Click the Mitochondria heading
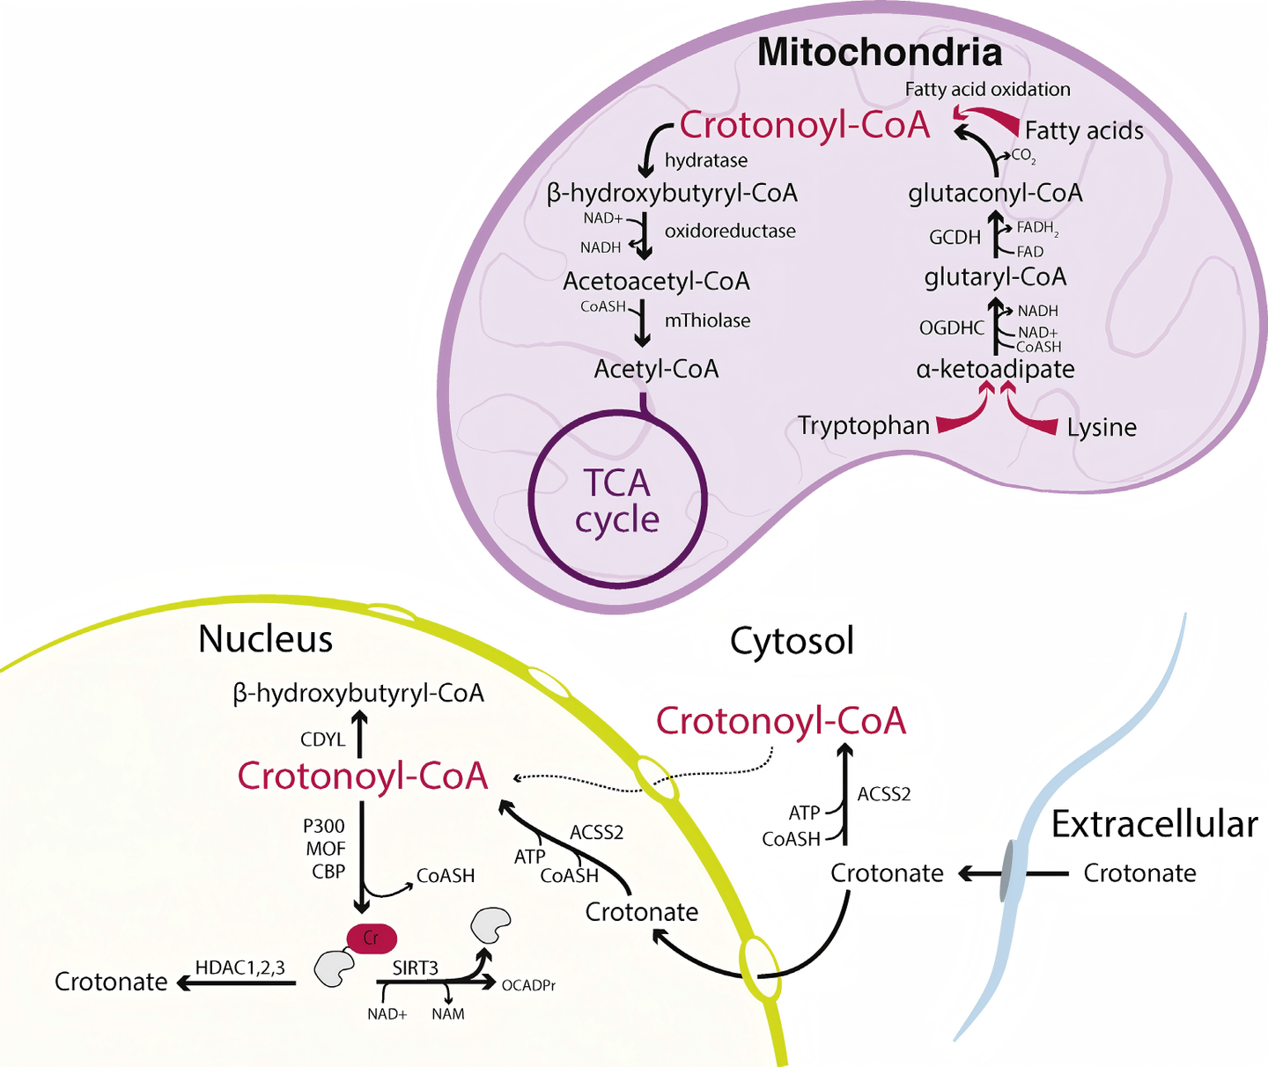click(880, 53)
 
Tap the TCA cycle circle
click(617, 500)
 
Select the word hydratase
click(706, 160)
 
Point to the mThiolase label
click(707, 320)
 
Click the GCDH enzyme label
click(955, 237)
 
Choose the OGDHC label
click(952, 327)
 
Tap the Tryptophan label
click(863, 426)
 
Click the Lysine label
click(1102, 428)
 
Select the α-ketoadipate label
click(995, 369)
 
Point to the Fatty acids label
click(1084, 131)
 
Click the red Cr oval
click(372, 938)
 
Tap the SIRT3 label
click(415, 968)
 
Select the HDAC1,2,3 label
click(240, 968)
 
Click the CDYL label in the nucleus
click(323, 740)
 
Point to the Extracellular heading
click(1154, 825)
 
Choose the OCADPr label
click(528, 985)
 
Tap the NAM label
click(448, 1014)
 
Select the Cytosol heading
click(792, 641)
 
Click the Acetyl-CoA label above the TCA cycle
click(656, 369)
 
